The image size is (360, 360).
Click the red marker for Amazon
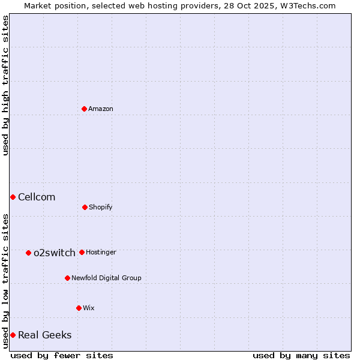tap(84, 109)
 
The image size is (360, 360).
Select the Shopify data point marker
tap(85, 207)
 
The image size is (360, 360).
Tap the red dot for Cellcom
tap(13, 197)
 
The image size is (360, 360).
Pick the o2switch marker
tap(28, 253)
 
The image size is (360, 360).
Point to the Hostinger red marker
tap(82, 252)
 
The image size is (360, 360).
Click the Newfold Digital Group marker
tap(67, 278)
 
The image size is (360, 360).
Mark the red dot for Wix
tap(79, 308)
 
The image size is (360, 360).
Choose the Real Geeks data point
tap(13, 335)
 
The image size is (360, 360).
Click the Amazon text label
tap(101, 109)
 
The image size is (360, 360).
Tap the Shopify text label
tap(101, 207)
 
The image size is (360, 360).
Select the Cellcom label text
tap(37, 197)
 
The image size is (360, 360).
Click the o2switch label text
tap(55, 253)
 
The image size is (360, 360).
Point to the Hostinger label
tap(101, 252)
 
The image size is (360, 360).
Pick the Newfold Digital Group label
tap(106, 278)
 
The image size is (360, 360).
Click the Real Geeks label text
tap(45, 335)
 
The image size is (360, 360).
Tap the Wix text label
tap(89, 308)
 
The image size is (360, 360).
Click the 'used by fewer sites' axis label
tap(62, 355)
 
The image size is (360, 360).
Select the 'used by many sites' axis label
tap(301, 355)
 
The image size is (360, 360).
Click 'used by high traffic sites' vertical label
tap(5, 85)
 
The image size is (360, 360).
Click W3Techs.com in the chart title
tap(310, 5)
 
